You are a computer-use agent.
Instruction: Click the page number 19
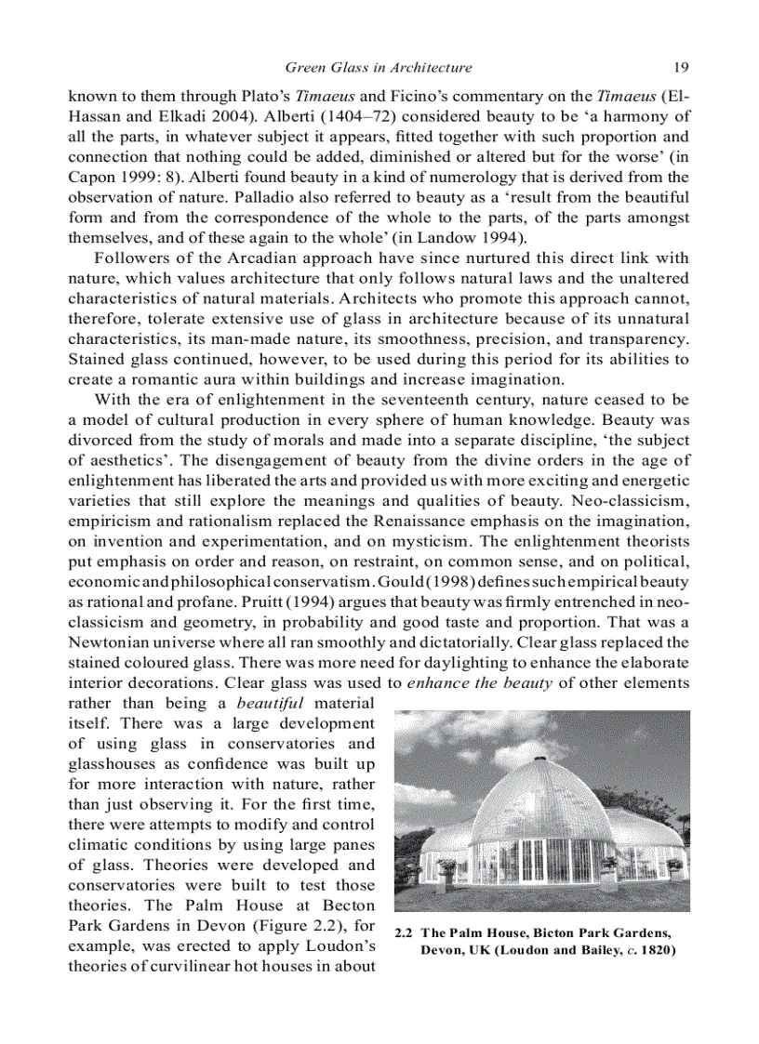[x=680, y=67]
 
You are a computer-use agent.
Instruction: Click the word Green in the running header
[x=305, y=67]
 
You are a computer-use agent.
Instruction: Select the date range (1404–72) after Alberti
[x=358, y=116]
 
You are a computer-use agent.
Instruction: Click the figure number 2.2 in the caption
[x=406, y=933]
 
